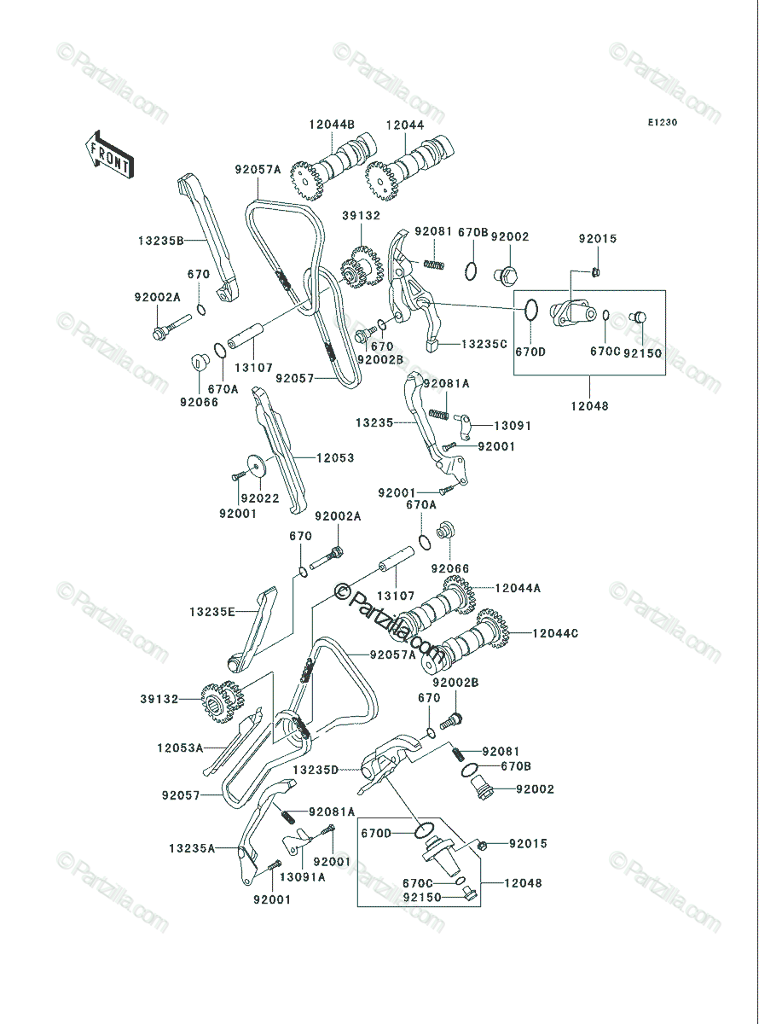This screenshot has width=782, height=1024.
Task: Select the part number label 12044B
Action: click(332, 125)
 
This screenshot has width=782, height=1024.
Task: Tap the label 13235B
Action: click(161, 241)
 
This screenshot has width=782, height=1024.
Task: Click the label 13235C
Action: click(484, 344)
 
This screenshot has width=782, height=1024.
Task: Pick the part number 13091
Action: click(513, 426)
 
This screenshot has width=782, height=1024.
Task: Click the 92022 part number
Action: click(260, 498)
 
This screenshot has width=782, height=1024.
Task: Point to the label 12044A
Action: click(518, 588)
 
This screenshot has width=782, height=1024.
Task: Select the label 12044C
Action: click(555, 633)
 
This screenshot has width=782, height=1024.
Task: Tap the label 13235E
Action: click(212, 612)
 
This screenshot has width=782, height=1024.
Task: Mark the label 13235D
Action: click(316, 770)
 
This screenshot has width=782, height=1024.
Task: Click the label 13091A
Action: click(303, 877)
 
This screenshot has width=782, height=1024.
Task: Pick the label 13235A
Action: click(192, 848)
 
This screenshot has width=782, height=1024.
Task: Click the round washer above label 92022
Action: click(257, 467)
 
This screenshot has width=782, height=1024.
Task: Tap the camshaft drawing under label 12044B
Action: click(333, 166)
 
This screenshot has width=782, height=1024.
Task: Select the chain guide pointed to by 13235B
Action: click(209, 237)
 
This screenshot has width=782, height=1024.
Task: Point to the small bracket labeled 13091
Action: click(464, 426)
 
